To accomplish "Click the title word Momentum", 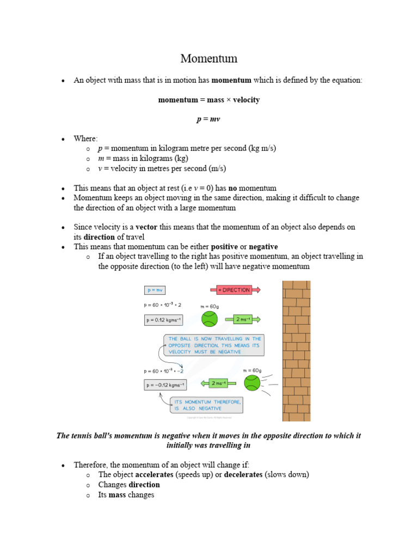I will click(x=209, y=58).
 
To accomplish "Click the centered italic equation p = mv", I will click(x=208, y=119).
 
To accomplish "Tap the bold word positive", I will click(x=224, y=246).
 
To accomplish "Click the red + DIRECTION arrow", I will click(x=235, y=290).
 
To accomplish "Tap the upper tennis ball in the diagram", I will click(x=210, y=319).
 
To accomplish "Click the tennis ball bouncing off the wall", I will click(x=251, y=383).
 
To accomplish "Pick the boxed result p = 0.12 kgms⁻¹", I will click(x=165, y=320).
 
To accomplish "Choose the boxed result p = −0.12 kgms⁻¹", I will click(x=165, y=385).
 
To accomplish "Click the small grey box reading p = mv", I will click(x=155, y=290).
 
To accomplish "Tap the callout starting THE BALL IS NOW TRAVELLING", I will click(x=214, y=345).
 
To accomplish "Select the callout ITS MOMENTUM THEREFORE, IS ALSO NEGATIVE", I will click(x=207, y=405).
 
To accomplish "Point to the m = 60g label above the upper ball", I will click(x=210, y=306).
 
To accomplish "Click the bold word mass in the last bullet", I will click(x=118, y=495).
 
